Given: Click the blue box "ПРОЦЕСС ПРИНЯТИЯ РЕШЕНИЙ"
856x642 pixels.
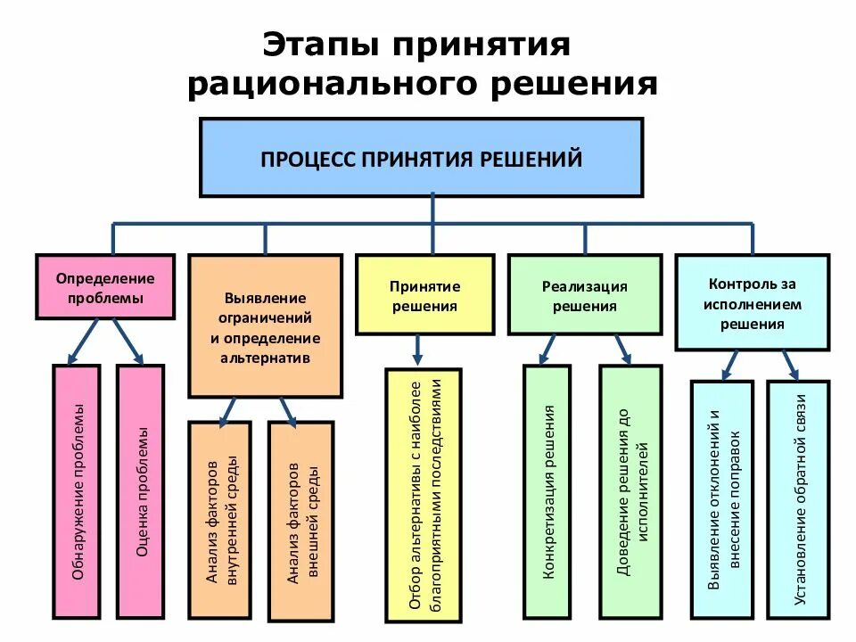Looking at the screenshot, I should (x=421, y=158).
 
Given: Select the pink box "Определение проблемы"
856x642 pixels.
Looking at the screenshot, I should (x=105, y=287).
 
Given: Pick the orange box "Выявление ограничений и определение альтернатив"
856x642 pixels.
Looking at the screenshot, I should (x=265, y=326).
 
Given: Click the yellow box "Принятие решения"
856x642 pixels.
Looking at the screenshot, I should (x=424, y=294).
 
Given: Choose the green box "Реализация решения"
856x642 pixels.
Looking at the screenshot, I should (x=585, y=294).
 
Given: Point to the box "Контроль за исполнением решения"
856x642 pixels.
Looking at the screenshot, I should (x=753, y=302).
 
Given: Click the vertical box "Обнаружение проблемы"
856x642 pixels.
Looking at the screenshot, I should (x=77, y=492).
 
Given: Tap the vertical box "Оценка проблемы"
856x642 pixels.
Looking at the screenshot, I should (x=140, y=492).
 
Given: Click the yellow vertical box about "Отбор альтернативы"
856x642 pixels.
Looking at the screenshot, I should (x=424, y=495).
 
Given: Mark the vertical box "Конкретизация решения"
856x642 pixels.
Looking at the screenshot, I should (x=547, y=492).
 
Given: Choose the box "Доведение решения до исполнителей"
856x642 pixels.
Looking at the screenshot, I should (x=630, y=492).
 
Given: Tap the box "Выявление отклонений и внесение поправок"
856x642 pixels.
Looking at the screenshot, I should (x=723, y=499).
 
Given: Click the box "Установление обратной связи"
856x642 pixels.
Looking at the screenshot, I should (x=799, y=499).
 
